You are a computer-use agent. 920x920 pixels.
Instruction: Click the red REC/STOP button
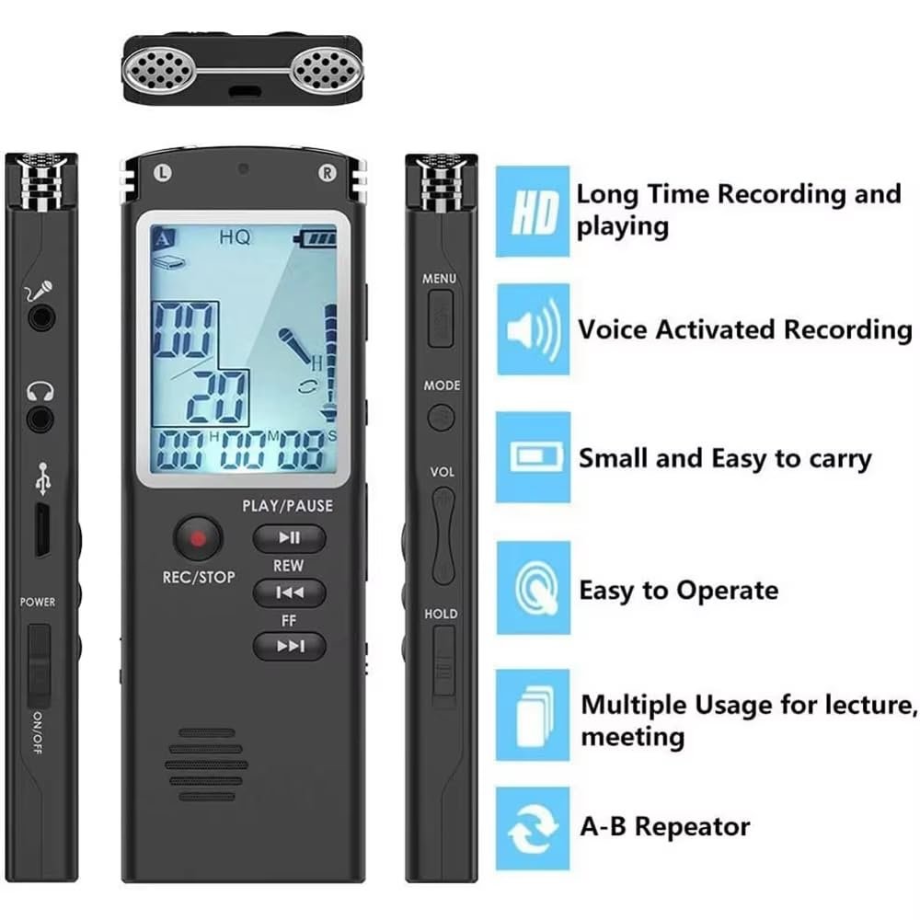tap(198, 538)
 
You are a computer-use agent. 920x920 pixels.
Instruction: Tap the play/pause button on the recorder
tap(289, 538)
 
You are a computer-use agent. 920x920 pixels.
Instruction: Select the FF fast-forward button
tap(289, 646)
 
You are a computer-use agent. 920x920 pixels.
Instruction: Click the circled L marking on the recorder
tap(163, 172)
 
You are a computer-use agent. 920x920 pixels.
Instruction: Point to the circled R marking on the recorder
tap(327, 173)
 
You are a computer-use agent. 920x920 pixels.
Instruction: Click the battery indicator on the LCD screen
tap(315, 238)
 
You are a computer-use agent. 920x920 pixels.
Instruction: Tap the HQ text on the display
tap(235, 237)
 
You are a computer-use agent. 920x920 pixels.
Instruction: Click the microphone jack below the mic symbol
tap(40, 318)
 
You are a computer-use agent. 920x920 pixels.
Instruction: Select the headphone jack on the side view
tap(40, 419)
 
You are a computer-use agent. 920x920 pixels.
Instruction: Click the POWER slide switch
tap(39, 665)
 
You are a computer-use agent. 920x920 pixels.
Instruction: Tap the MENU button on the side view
tap(440, 318)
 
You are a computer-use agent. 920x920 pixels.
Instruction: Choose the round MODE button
tap(440, 418)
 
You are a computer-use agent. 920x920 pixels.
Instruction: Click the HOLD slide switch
tap(444, 661)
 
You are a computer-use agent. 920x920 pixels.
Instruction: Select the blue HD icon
tap(533, 212)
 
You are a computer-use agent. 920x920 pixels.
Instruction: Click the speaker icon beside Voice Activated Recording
tap(534, 329)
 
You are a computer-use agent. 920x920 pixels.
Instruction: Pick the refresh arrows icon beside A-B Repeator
tap(533, 829)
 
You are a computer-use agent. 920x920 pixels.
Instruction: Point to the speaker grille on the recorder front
tap(206, 765)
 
